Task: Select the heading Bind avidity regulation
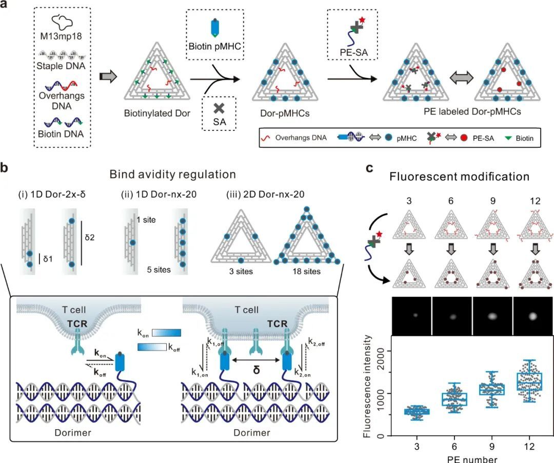172,175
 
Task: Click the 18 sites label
305,271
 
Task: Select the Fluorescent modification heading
459,177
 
